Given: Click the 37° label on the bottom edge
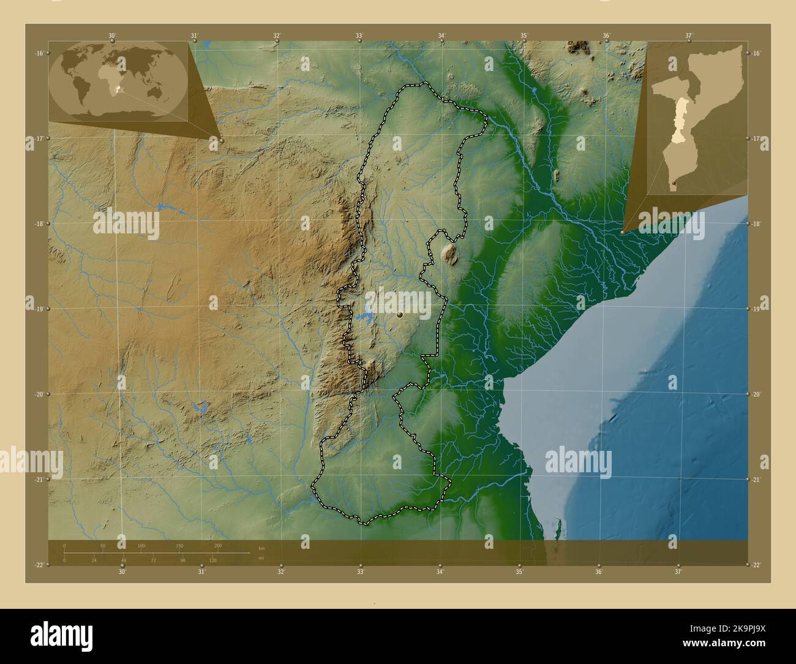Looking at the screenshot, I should pos(678,572).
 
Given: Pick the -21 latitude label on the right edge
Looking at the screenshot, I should pos(757,480).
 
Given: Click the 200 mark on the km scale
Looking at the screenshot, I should pos(217,545).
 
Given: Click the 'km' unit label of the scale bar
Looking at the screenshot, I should pos(261,548).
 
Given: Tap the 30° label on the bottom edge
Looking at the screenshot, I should pos(122,572).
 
